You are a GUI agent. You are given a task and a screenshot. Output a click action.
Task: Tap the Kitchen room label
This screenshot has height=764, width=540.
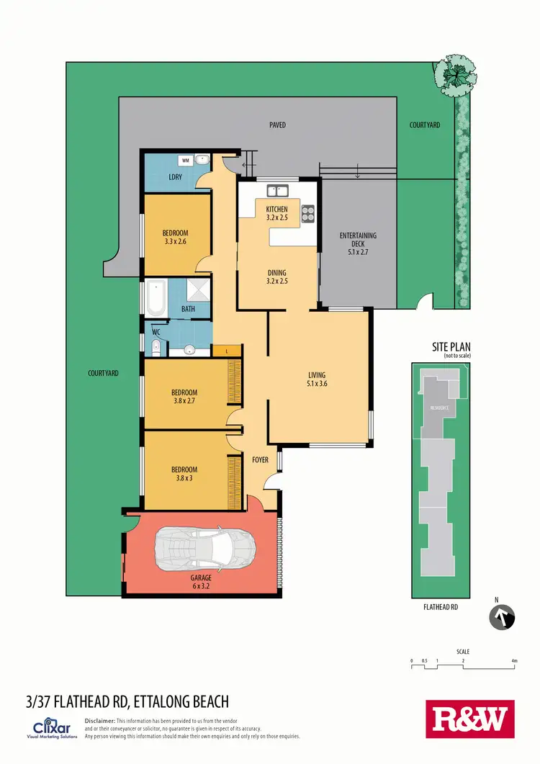point(277,212)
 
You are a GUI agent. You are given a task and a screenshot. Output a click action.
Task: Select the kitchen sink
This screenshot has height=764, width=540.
point(277,191)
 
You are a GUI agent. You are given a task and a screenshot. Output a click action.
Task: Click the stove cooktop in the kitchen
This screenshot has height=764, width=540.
point(308,212)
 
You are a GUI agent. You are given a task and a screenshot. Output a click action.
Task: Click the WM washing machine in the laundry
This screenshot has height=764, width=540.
point(186,160)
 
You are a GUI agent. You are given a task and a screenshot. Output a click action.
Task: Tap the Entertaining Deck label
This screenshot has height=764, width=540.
point(358,243)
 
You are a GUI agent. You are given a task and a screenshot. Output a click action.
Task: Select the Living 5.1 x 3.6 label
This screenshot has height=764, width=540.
point(317,379)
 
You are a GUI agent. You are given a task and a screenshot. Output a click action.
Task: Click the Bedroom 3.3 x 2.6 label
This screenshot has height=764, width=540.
point(175,237)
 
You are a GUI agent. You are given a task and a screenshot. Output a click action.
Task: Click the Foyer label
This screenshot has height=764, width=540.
point(260,459)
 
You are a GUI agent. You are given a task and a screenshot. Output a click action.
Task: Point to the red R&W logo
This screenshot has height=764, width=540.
point(470,719)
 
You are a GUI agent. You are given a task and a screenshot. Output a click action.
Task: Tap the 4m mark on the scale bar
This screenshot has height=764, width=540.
point(514,660)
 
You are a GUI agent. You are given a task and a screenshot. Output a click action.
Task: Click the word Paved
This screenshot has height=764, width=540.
point(277,125)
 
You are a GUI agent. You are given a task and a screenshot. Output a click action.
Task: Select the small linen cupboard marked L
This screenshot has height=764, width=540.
point(228,351)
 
